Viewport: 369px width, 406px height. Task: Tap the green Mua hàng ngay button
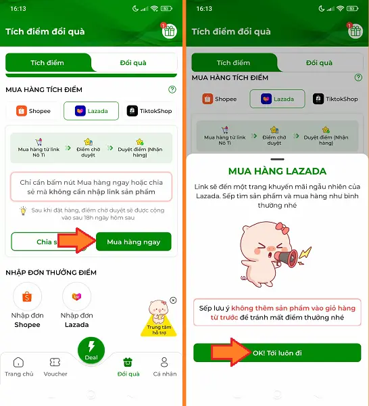[133, 242]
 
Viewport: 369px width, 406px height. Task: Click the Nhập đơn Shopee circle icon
[28, 296]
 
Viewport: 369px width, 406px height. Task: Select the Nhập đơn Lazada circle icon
[76, 296]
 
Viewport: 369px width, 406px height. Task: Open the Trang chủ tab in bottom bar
[18, 367]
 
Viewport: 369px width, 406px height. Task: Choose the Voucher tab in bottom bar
[55, 367]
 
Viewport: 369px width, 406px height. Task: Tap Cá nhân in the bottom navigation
[165, 367]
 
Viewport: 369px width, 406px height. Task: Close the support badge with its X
[173, 300]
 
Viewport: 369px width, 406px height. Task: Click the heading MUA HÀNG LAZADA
[277, 171]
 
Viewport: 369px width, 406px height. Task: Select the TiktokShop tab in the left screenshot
[149, 111]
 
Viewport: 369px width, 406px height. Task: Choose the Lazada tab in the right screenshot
[277, 99]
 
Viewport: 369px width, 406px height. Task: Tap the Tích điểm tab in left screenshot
[47, 63]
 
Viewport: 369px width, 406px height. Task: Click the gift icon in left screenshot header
[168, 31]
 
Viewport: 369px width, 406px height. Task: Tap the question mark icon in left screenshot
[172, 89]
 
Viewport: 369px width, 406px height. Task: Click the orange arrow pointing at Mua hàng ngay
[76, 242]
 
